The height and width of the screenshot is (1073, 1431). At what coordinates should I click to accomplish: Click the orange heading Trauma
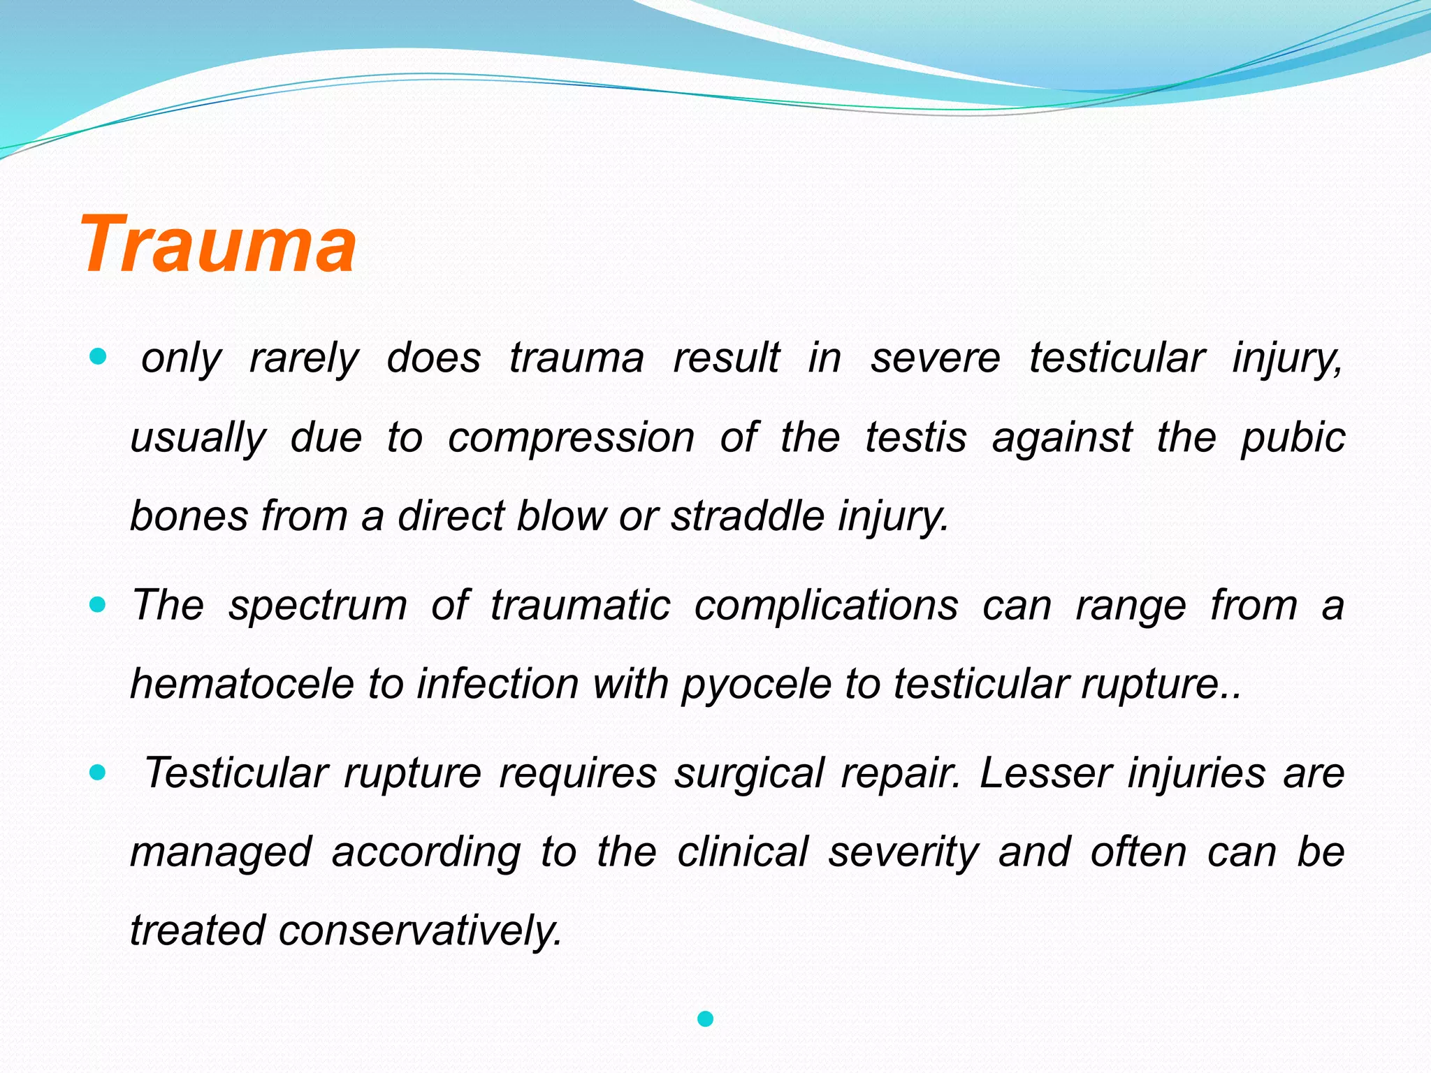pyautogui.click(x=218, y=244)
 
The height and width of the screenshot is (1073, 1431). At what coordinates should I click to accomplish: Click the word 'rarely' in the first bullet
pyautogui.click(x=303, y=358)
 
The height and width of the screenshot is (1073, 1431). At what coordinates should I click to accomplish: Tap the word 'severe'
pyautogui.click(x=935, y=358)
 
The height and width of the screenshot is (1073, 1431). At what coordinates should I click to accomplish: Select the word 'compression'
pyautogui.click(x=571, y=438)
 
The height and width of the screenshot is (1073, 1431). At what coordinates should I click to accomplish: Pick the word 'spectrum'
pyautogui.click(x=318, y=605)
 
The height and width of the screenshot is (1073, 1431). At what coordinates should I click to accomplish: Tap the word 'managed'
pyautogui.click(x=221, y=852)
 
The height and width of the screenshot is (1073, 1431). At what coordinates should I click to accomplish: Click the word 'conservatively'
pyautogui.click(x=420, y=931)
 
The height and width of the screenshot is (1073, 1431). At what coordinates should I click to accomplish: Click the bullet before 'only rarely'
pyautogui.click(x=98, y=358)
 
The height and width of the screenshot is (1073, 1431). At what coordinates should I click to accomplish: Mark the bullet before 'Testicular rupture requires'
pyautogui.click(x=98, y=773)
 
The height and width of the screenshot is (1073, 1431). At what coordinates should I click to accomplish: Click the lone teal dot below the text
pyautogui.click(x=705, y=1019)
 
